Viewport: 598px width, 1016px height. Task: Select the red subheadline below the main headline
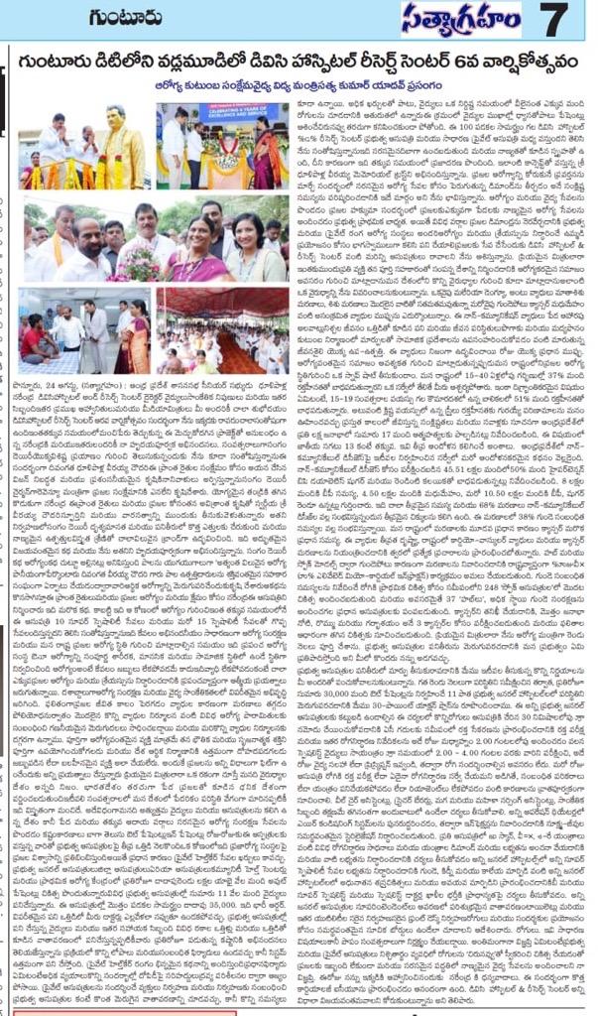pos(309,86)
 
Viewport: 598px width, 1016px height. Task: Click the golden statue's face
pos(115,115)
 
